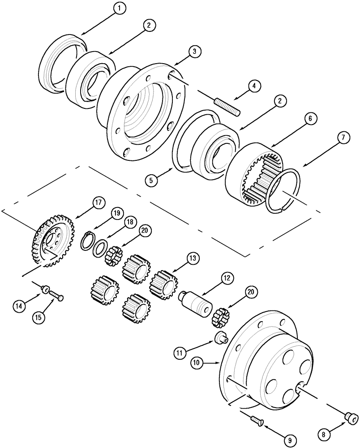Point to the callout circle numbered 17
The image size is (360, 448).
click(99, 202)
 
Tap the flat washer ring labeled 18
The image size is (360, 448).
click(100, 247)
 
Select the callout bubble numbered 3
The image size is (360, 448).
click(193, 52)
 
